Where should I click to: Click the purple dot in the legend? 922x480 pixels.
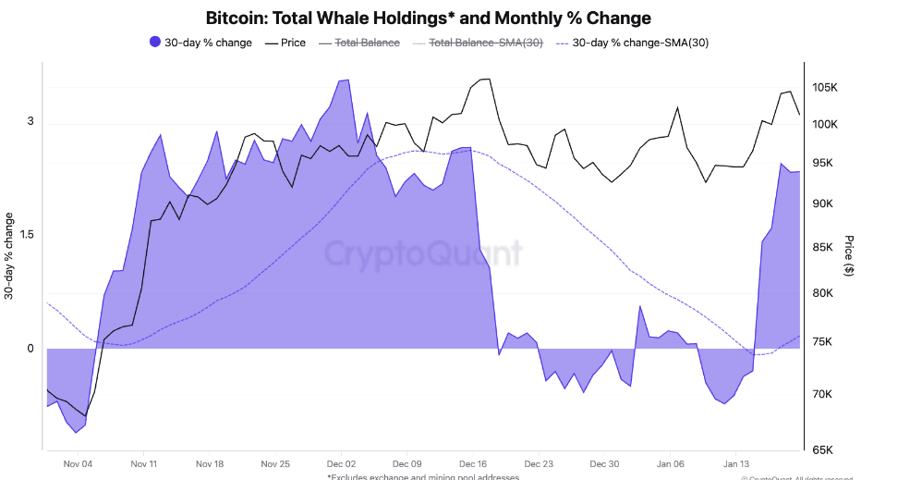[154, 43]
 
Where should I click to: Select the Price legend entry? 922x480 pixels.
[285, 43]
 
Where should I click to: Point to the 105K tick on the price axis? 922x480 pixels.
[824, 88]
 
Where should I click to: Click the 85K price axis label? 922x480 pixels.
[824, 248]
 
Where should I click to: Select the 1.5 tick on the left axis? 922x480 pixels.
[29, 235]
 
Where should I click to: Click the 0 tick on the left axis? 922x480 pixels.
[30, 349]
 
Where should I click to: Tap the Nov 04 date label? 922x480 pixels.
[79, 464]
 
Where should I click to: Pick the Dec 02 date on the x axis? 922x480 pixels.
[342, 464]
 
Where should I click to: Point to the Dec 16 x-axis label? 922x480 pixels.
[473, 464]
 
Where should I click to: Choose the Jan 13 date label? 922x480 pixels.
[736, 464]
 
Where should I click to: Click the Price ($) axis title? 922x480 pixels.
[848, 255]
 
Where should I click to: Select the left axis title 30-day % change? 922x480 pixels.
[9, 256]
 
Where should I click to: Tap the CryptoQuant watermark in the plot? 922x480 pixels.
[422, 253]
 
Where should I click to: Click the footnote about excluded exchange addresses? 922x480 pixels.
[422, 476]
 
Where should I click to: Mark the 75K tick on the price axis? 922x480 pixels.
[824, 342]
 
